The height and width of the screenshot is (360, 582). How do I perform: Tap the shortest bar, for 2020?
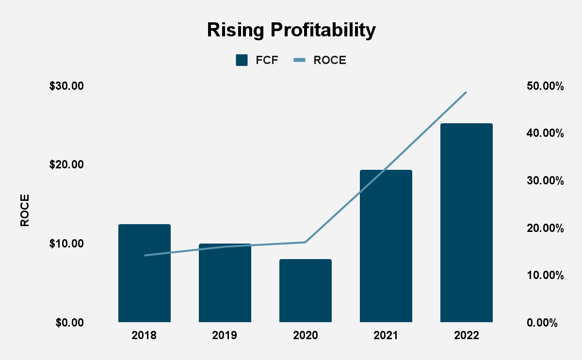click(306, 291)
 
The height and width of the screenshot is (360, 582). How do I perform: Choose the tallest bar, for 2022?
click(467, 223)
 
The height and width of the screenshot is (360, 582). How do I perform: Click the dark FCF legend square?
click(242, 60)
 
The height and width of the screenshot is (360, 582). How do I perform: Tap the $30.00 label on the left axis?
click(66, 86)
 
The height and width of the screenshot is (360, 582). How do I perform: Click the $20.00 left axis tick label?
click(66, 165)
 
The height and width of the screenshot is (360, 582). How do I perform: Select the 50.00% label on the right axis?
click(544, 86)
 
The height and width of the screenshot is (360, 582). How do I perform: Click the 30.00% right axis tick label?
click(544, 181)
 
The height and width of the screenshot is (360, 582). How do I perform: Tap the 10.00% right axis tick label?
click(544, 276)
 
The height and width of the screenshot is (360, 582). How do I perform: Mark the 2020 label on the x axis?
click(306, 336)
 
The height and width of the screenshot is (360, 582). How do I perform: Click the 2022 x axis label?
click(467, 336)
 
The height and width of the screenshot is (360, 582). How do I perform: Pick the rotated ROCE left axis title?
click(25, 210)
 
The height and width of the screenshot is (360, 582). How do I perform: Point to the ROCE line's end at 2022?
click(466, 92)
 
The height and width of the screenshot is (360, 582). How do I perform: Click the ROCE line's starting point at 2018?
click(145, 255)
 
